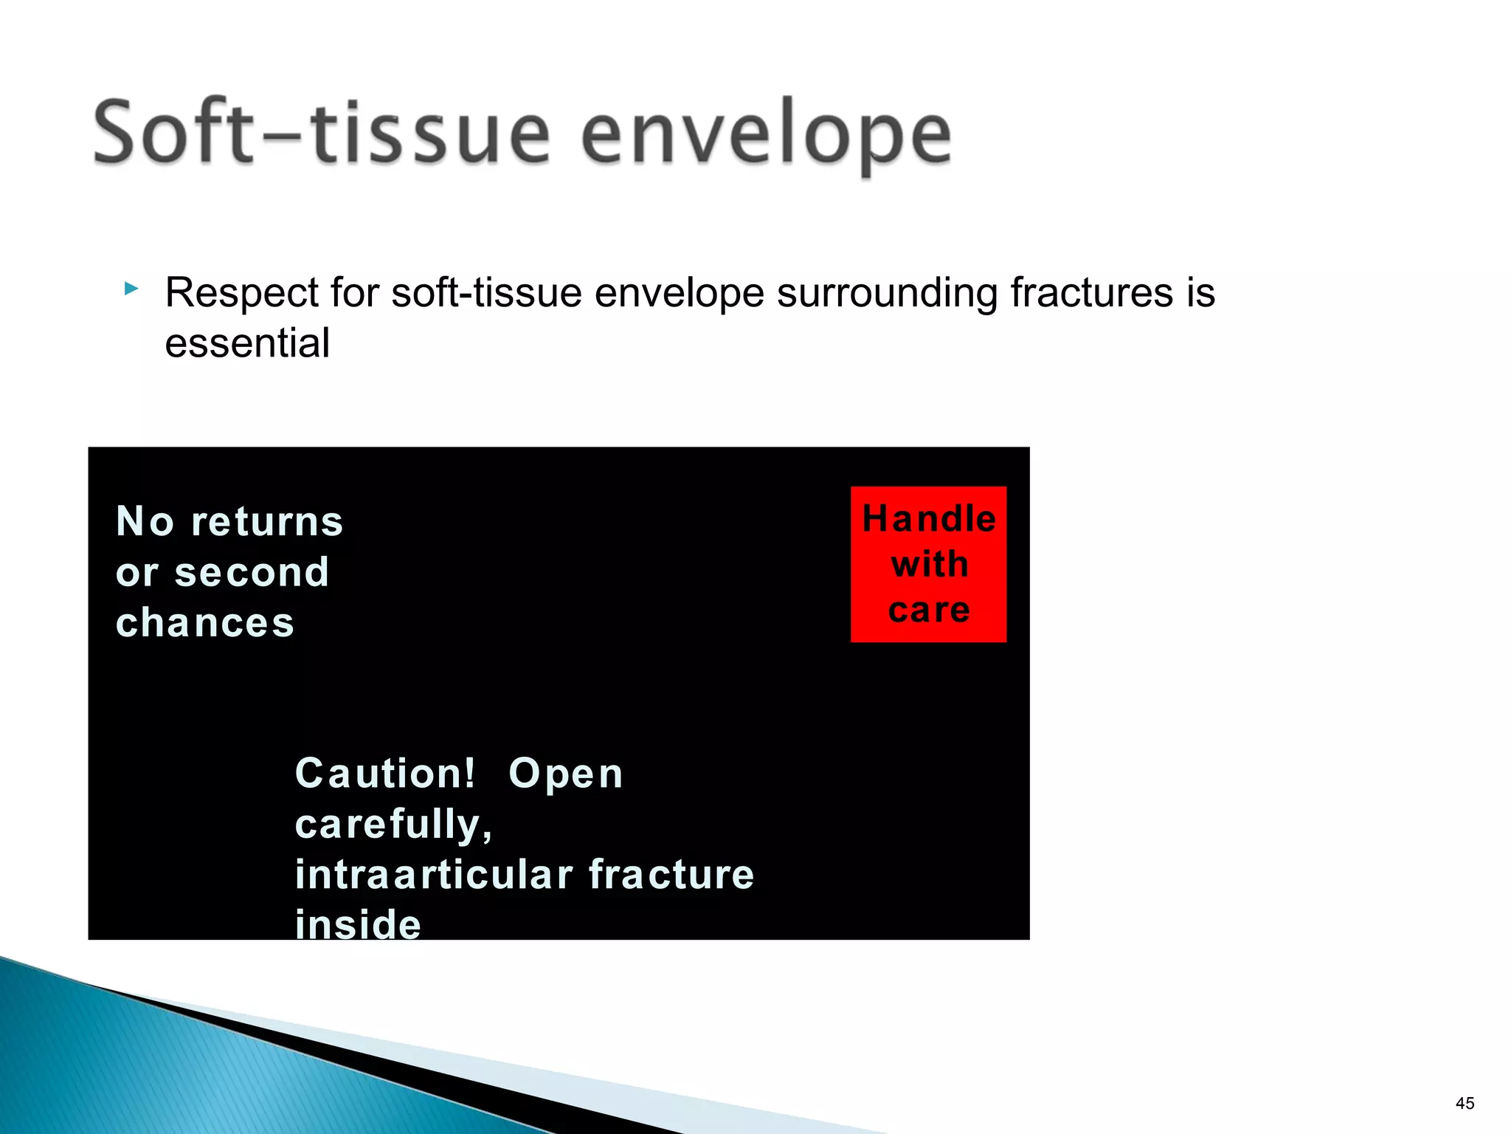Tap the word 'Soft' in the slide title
[173, 133]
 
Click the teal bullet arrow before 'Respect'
[131, 289]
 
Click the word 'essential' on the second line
[247, 343]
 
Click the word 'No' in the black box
[145, 521]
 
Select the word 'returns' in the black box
[267, 521]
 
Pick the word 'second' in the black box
[252, 572]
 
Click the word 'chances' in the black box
[205, 622]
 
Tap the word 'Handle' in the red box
[929, 518]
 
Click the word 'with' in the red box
[929, 564]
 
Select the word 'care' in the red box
[929, 610]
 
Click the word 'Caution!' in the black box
[385, 774]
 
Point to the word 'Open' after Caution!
[566, 774]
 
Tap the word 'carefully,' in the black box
[393, 824]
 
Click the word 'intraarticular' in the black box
[434, 874]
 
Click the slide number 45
[1465, 1103]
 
